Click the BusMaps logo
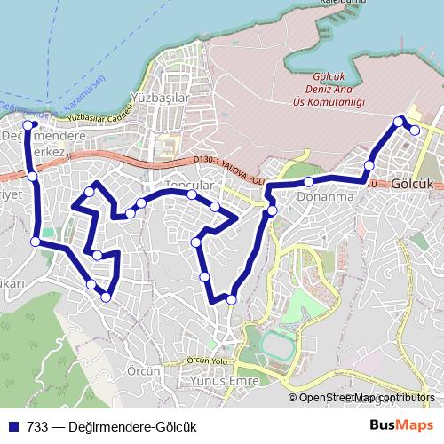402,425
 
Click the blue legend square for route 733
12,425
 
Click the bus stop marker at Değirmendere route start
28,125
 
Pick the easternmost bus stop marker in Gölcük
415,131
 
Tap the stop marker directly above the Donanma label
308,182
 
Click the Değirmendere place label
44,136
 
